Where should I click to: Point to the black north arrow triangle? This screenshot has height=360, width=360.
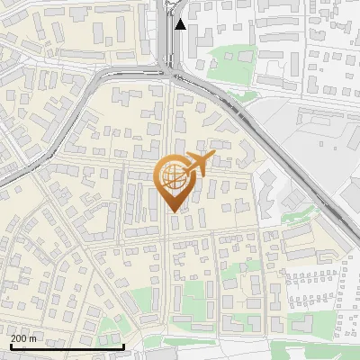pyautogui.click(x=181, y=24)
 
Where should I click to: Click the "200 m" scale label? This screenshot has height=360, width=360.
pyautogui.click(x=23, y=338)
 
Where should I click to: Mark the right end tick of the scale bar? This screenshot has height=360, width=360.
pyautogui.click(x=123, y=345)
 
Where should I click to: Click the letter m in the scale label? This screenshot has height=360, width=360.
pyautogui.click(x=33, y=338)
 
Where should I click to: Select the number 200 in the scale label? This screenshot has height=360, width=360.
pyautogui.click(x=19, y=338)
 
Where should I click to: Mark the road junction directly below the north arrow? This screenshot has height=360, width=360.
pyautogui.click(x=171, y=72)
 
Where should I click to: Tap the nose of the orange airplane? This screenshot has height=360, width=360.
pyautogui.click(x=212, y=157)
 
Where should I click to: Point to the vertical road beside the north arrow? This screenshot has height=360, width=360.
pyautogui.click(x=169, y=31)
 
